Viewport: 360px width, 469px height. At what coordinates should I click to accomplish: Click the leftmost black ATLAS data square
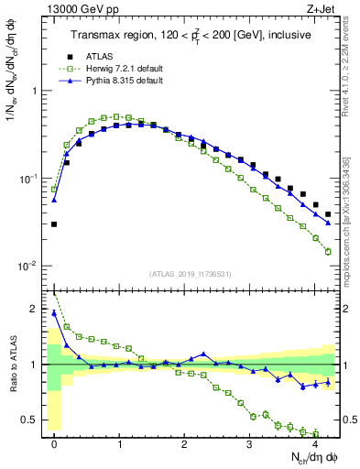pyautogui.click(x=54, y=224)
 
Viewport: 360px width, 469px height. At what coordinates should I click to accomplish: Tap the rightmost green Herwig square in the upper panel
pyautogui.click(x=328, y=251)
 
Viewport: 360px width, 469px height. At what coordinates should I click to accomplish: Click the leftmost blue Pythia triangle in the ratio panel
pyautogui.click(x=54, y=312)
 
